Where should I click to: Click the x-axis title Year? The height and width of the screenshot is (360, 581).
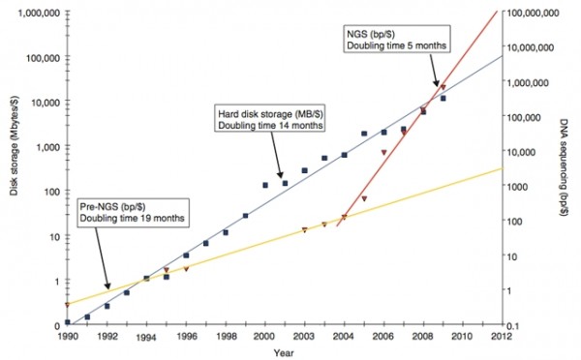pyautogui.click(x=282, y=354)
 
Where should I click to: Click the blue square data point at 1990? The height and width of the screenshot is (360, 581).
pyautogui.click(x=67, y=322)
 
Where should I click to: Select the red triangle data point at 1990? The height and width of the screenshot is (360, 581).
pyautogui.click(x=67, y=305)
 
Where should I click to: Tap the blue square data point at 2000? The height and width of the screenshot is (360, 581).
pyautogui.click(x=265, y=184)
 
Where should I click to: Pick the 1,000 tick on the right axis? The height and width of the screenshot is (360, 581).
pyautogui.click(x=524, y=186)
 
